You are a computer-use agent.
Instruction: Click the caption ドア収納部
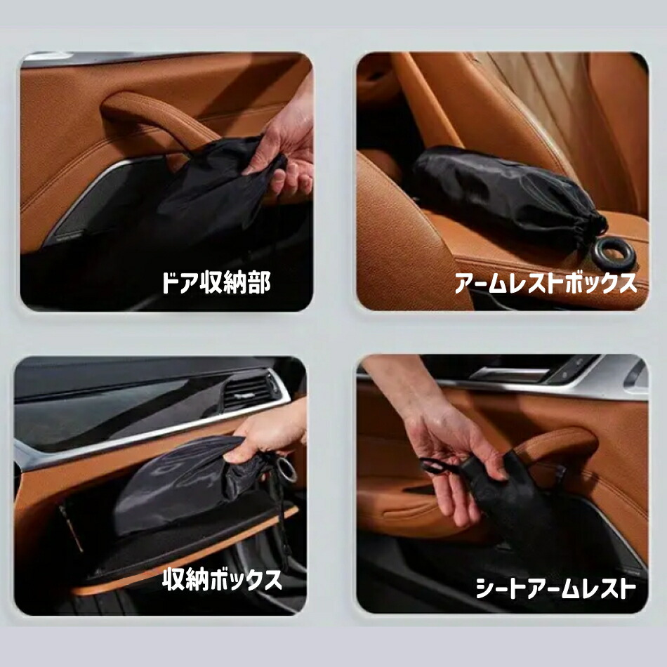tap(216, 282)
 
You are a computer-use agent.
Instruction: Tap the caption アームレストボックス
tap(546, 283)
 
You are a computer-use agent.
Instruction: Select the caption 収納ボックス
tap(222, 579)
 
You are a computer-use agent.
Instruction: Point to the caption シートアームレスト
tap(556, 588)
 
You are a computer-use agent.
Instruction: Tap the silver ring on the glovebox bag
tap(286, 469)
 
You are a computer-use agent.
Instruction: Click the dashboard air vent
tap(249, 391)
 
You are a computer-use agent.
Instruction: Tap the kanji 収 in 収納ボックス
tap(174, 579)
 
